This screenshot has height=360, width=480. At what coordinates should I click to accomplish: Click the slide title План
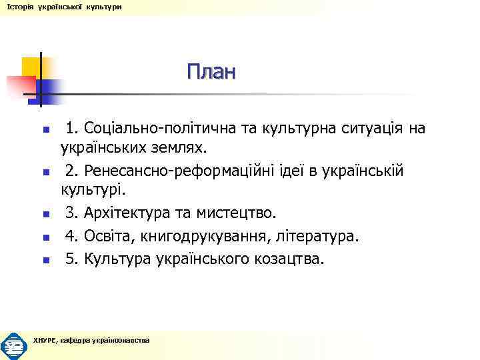click(211, 71)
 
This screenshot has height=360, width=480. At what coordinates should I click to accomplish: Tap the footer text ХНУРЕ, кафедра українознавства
click(91, 341)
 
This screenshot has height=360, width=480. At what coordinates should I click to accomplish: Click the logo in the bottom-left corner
click(13, 345)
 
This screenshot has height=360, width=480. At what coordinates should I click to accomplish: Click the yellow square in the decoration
click(30, 66)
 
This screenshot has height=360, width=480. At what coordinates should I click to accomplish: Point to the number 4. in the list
click(71, 235)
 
